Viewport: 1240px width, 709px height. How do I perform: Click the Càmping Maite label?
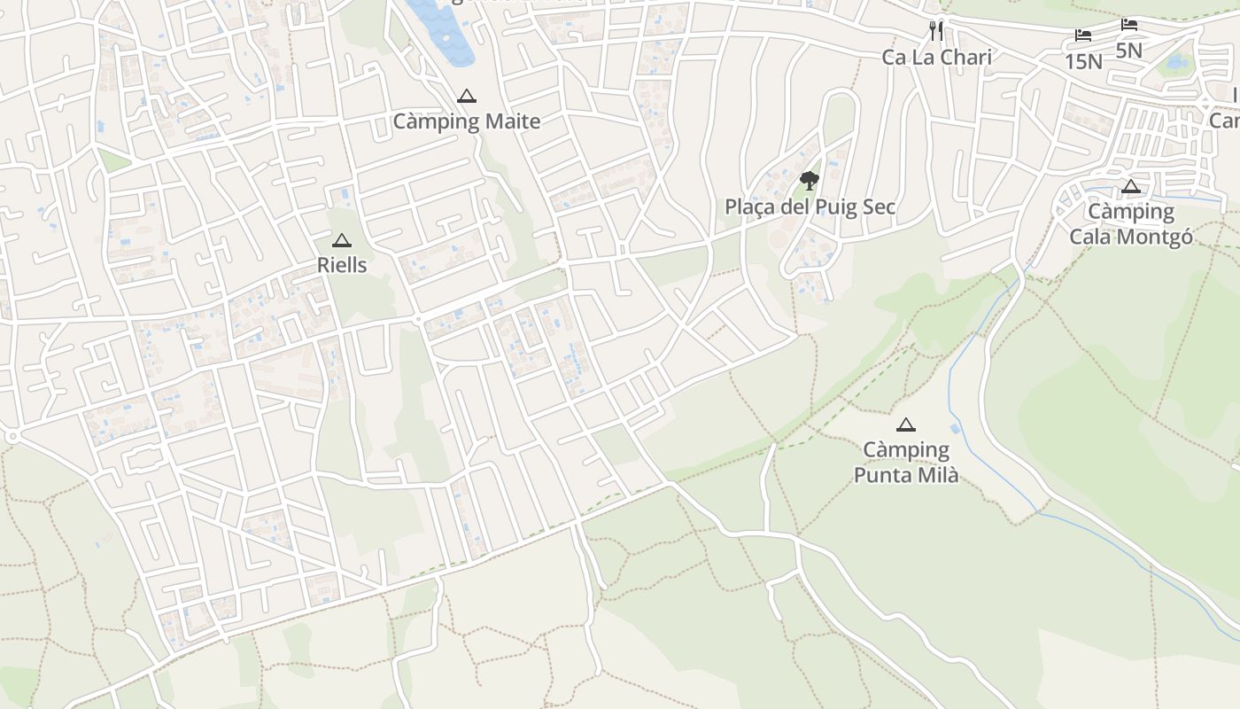(466, 121)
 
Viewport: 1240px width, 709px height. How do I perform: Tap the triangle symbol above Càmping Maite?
(467, 97)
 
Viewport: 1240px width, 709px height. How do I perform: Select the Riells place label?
(342, 265)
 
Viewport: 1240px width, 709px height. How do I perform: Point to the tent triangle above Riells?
(342, 241)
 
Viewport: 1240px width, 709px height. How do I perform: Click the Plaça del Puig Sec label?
(810, 207)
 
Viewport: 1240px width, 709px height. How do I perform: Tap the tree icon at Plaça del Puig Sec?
(809, 182)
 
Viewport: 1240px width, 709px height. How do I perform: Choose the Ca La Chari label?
(936, 58)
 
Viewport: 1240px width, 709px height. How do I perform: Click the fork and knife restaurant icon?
(936, 31)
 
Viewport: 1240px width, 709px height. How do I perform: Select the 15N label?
(1083, 61)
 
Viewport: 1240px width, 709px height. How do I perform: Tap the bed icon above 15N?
(1083, 35)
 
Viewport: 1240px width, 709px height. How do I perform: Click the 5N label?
(1128, 51)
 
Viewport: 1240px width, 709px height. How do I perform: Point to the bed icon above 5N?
(1128, 25)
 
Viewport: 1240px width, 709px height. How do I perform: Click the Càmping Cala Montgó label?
(1130, 224)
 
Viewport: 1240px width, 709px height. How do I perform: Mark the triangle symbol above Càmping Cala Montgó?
(1130, 187)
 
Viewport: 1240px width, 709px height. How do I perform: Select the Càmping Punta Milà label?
(905, 463)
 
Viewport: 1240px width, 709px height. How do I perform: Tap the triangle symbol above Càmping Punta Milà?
(905, 425)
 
